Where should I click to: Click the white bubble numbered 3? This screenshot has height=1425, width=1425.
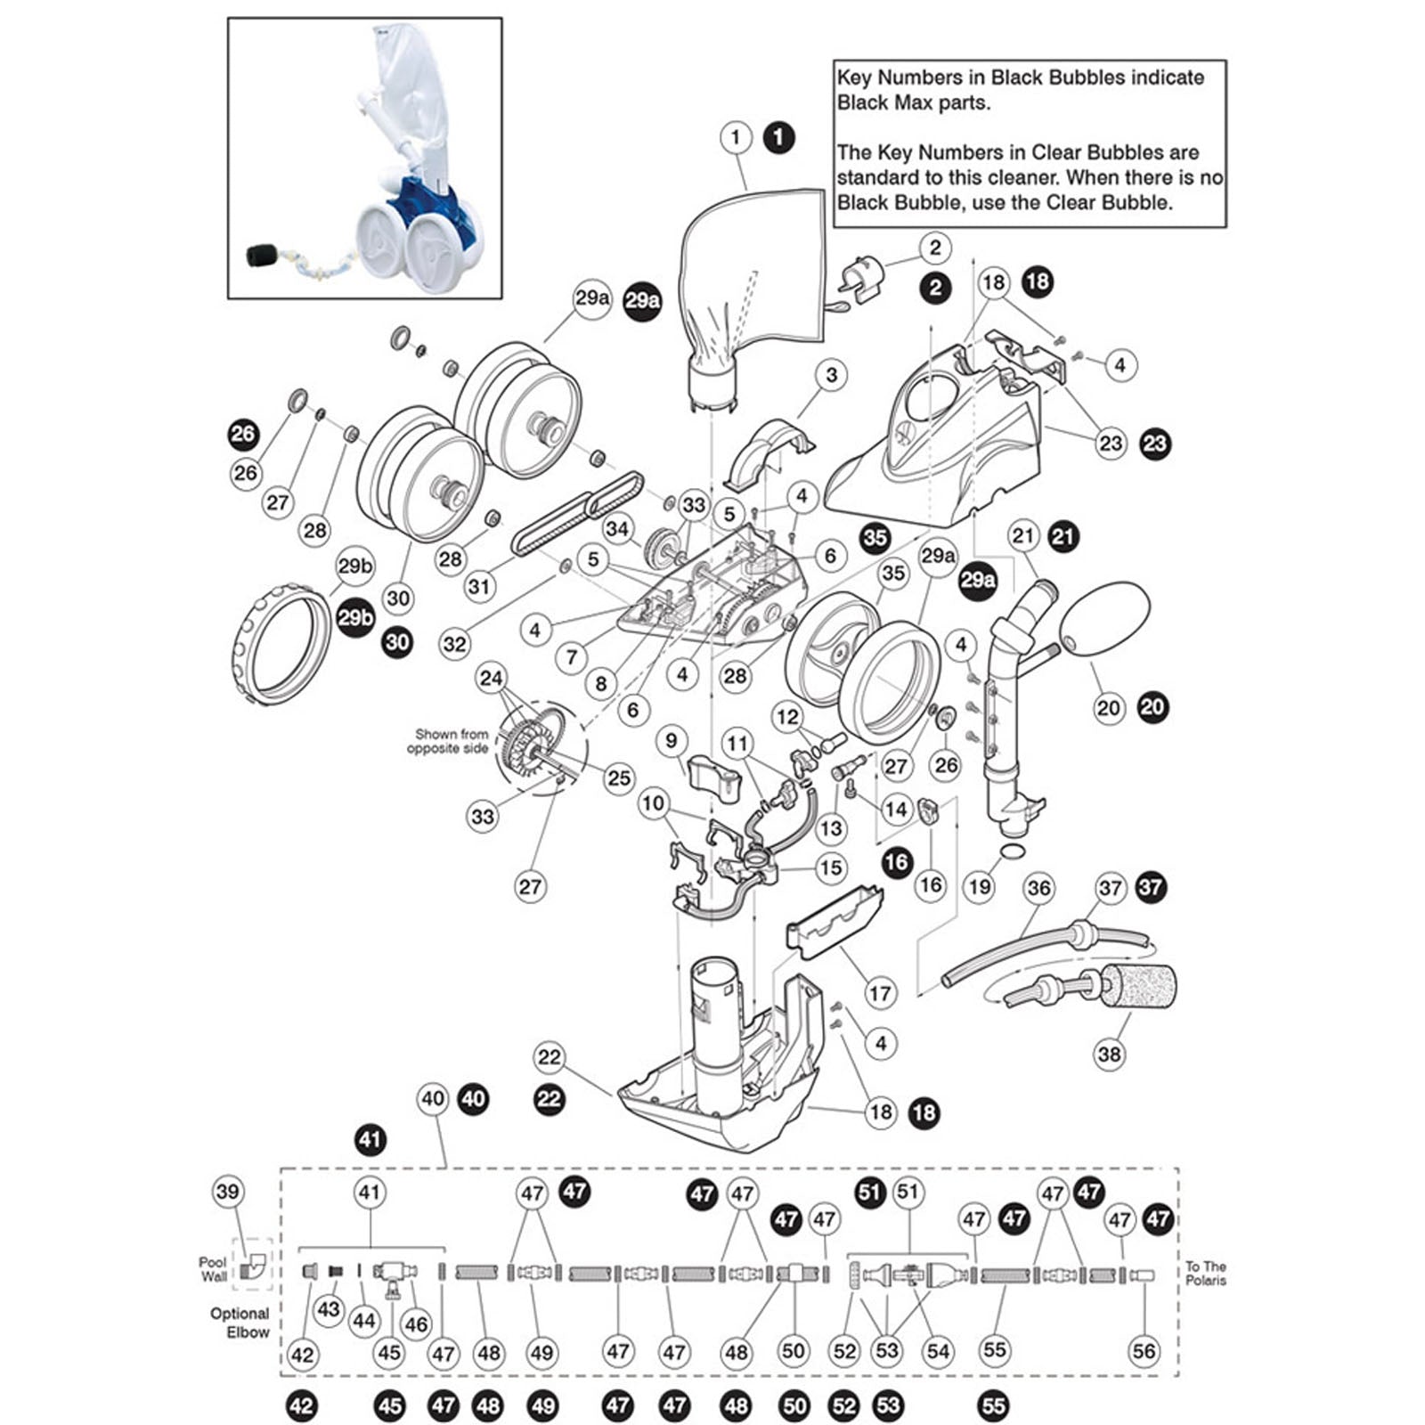point(831,375)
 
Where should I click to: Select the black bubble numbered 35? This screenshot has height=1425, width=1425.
point(875,536)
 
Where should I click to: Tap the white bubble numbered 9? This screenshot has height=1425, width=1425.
point(672,740)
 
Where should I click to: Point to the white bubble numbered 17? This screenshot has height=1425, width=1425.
point(880,993)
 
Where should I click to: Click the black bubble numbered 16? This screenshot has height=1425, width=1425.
point(897,861)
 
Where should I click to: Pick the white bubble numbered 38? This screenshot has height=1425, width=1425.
point(1109,1054)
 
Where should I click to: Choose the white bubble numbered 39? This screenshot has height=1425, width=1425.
point(228,1192)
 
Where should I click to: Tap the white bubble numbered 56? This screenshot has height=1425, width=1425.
point(1144,1351)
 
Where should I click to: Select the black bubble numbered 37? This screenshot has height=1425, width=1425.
point(1151,887)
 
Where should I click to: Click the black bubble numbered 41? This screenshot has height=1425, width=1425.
point(370,1139)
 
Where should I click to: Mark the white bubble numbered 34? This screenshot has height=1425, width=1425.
point(617,528)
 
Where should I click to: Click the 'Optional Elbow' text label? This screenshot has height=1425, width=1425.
point(240,1323)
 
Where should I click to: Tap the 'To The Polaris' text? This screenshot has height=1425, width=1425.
point(1206,1273)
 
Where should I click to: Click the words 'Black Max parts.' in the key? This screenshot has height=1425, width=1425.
point(913,102)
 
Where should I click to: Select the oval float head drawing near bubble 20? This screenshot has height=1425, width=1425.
point(1107,621)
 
